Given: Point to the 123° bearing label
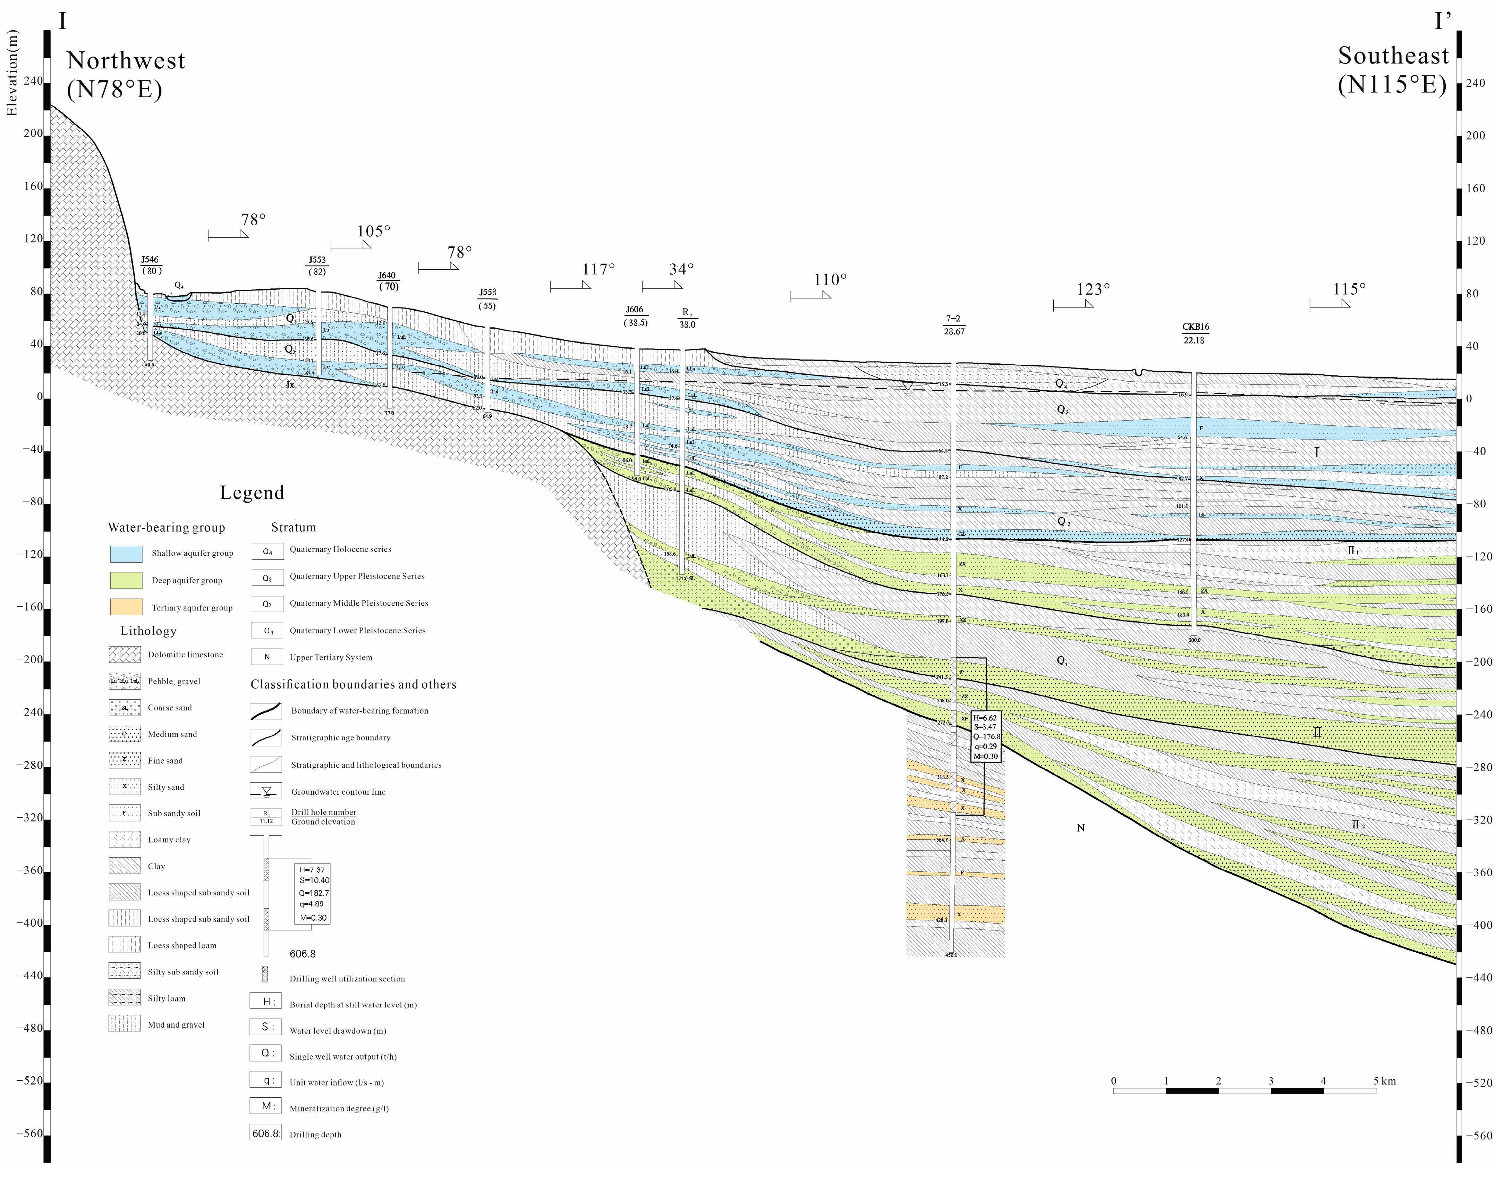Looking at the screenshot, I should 1093,289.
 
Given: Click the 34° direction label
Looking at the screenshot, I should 681,269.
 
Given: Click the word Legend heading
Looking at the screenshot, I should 252,493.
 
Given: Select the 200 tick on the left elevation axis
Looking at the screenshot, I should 33,134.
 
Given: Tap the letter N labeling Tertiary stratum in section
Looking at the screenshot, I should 1080,828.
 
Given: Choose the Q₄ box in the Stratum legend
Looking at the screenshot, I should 267,551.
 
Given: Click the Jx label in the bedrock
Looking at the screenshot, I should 290,385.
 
